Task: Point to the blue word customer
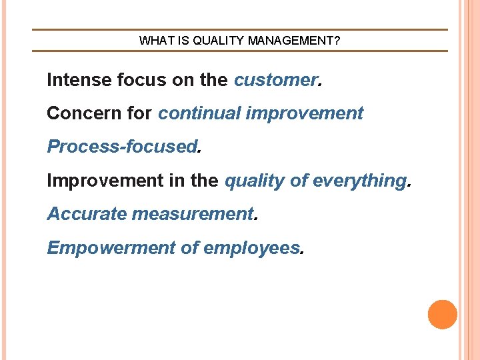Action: (276, 81)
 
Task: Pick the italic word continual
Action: (199, 113)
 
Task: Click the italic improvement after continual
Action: (305, 114)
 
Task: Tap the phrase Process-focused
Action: (122, 147)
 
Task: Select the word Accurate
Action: (87, 214)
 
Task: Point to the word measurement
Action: (193, 214)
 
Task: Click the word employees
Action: (251, 248)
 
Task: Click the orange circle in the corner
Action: (443, 315)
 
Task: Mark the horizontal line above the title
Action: (240, 29)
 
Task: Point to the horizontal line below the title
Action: (240, 51)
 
